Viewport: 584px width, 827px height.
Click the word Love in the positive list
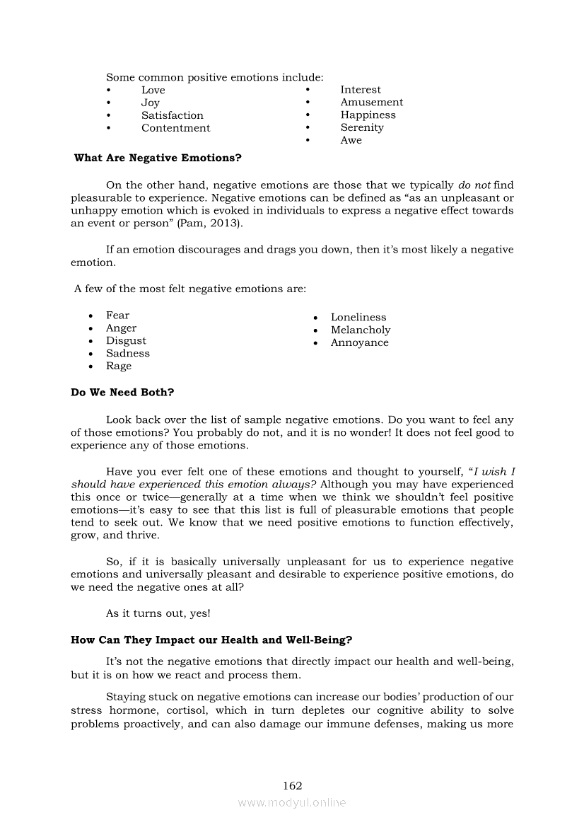[153, 90]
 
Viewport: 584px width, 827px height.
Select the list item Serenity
[362, 127]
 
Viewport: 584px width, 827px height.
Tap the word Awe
[351, 140]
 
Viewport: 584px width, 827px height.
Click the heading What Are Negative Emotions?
[158, 158]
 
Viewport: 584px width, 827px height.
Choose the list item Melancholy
[361, 330]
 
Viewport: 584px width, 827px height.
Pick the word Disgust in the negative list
[127, 340]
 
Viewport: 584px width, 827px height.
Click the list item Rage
[119, 366]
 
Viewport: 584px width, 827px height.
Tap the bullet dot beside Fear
[90, 316]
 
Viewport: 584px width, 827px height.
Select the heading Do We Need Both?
[122, 392]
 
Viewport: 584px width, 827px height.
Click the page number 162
[292, 785]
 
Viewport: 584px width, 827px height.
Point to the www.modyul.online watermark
[292, 803]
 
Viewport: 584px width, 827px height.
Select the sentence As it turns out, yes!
[158, 613]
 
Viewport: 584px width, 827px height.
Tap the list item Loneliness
[358, 317]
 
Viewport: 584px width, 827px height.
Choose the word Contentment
[175, 128]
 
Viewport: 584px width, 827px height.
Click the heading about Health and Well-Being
[211, 640]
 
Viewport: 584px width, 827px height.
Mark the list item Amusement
[372, 102]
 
